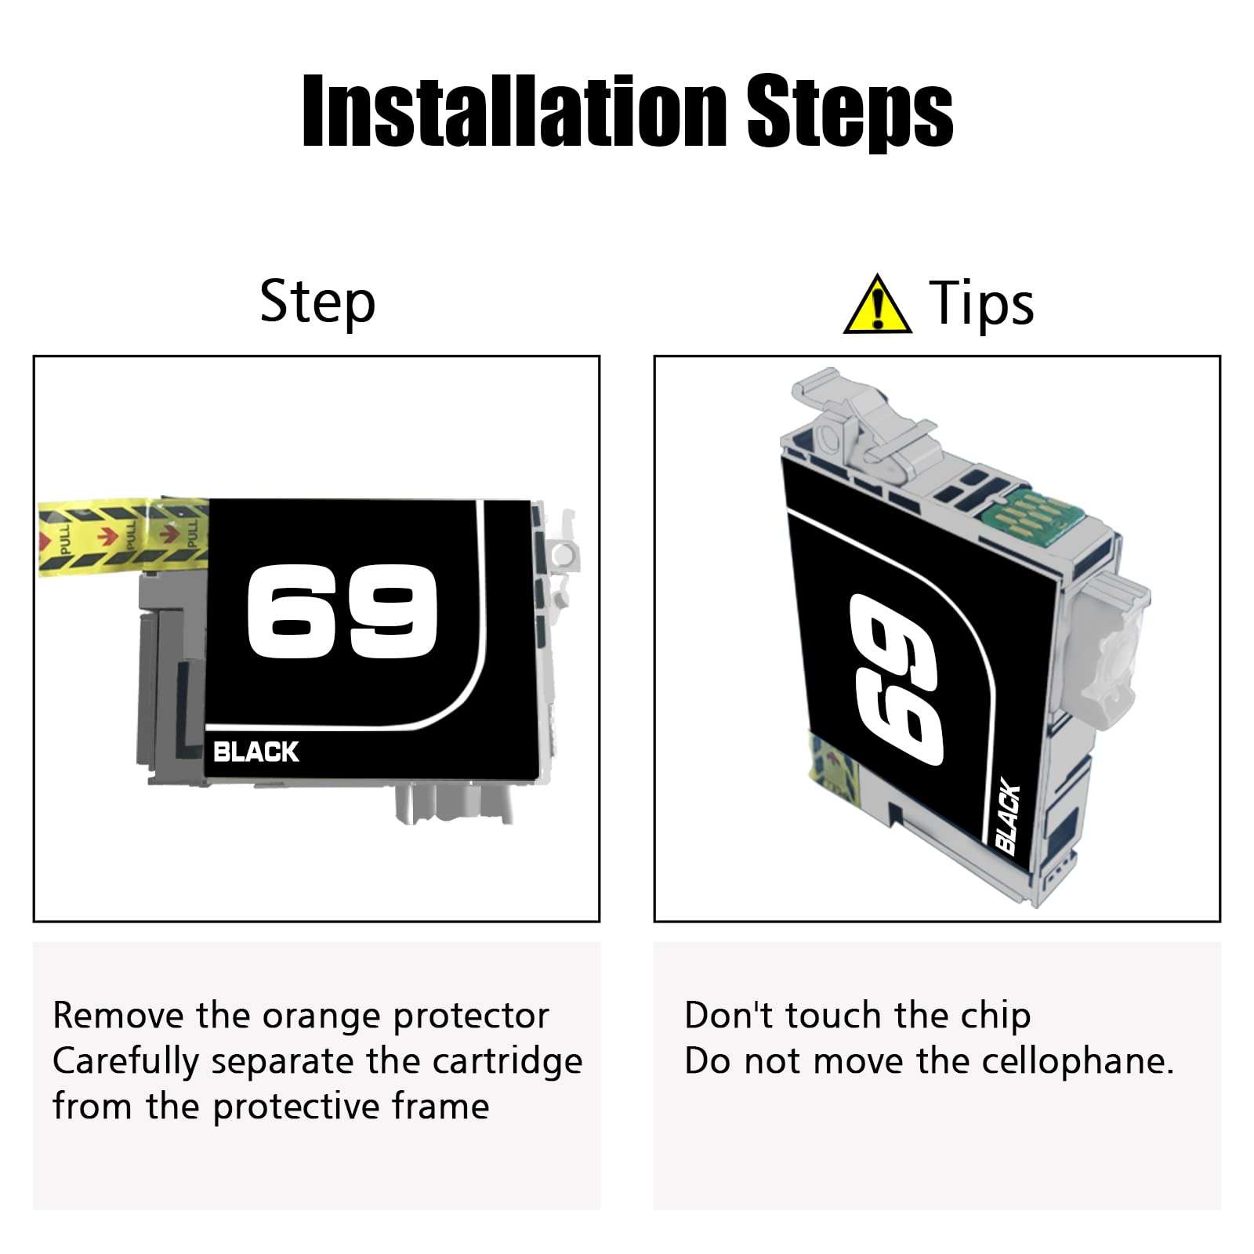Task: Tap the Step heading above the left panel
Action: point(317,303)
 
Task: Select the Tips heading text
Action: point(981,303)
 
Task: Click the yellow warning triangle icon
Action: point(877,305)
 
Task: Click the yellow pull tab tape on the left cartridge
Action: point(123,536)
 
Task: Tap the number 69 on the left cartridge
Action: point(342,612)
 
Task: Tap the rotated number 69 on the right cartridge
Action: point(895,679)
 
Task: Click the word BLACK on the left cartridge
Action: point(256,752)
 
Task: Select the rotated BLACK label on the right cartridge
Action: point(1008,816)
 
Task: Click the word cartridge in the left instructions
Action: point(507,1062)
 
